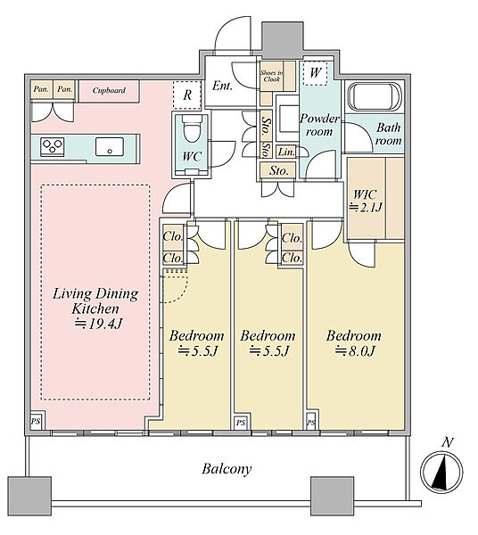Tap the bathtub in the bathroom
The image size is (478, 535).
pos(374,96)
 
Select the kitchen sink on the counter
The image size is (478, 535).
pos(110,147)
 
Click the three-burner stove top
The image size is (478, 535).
pos(53,147)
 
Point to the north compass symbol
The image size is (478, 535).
pos(441,471)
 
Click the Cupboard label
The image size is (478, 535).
pos(109,90)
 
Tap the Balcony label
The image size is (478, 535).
pos(227,469)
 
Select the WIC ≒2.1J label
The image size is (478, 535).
pos(366,201)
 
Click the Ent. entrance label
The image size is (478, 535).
pos(222,86)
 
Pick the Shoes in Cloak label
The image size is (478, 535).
pos(271,76)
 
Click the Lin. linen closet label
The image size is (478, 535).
pos(286,152)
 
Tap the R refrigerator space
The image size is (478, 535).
pos(187,95)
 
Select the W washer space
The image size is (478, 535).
pos(316,73)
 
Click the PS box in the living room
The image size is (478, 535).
pos(36,421)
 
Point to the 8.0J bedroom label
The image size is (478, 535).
pos(354,343)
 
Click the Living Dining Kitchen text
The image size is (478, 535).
pos(95,301)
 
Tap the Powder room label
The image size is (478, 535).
pos(319,125)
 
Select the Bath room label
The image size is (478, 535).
pos(388,134)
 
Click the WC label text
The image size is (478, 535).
pos(192,157)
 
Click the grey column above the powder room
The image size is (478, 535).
pos(282,40)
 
